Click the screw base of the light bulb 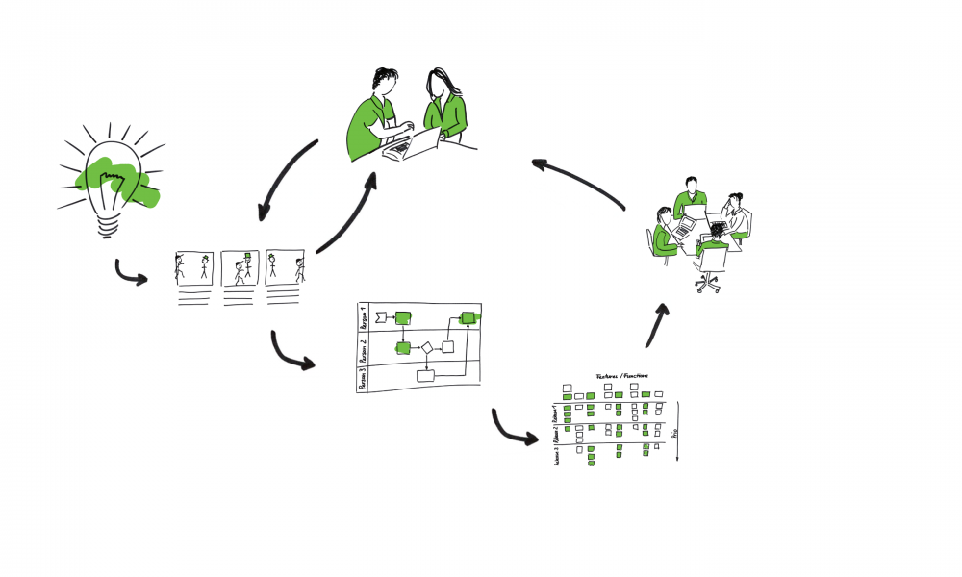109,225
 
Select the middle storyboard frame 240,268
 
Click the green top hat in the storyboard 246,256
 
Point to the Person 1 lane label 364,318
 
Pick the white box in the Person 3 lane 425,375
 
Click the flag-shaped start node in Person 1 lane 380,315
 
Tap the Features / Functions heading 621,375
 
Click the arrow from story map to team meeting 655,325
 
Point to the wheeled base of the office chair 708,282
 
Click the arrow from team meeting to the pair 577,179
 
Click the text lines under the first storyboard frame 192,297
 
